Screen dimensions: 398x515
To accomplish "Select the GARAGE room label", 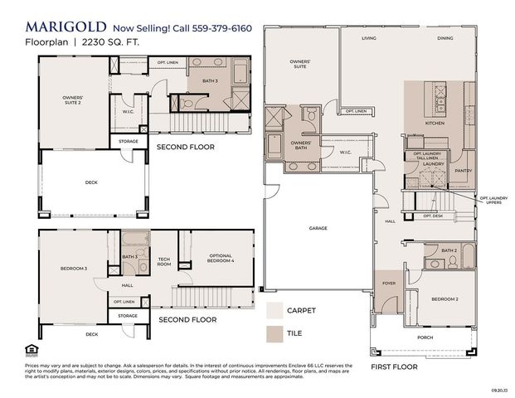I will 318,228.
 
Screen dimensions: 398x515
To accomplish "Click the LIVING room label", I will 370,39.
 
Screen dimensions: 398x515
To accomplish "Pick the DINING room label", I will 445,39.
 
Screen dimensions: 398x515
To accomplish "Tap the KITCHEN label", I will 435,123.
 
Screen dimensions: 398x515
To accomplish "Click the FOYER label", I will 389,282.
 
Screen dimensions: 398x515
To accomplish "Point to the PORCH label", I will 425,337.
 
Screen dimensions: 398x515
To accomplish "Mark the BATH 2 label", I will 449,250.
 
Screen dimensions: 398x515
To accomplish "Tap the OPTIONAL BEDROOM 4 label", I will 221,259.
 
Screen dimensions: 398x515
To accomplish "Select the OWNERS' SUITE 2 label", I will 73,100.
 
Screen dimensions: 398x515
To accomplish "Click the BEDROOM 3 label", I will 74,269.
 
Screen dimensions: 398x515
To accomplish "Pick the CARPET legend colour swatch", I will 275,311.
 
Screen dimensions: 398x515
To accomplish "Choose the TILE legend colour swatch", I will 275,335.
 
